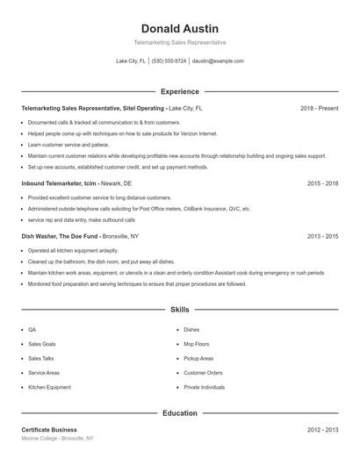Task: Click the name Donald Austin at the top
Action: tap(179, 28)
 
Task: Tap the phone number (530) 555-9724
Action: tap(169, 61)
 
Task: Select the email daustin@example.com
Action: tap(218, 61)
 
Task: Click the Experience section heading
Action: tap(179, 91)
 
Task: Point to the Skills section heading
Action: tap(179, 310)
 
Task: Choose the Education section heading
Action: tap(179, 412)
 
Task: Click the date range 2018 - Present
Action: tap(319, 108)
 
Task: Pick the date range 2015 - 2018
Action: tap(323, 183)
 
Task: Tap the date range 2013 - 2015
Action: tap(323, 236)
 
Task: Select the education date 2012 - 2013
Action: tap(323, 430)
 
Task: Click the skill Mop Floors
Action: tap(197, 344)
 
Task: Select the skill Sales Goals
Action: tap(41, 344)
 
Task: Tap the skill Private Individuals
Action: tap(204, 387)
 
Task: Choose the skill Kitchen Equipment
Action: tap(48, 387)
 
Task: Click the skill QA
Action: tap(32, 330)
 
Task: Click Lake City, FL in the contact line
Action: tap(131, 61)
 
